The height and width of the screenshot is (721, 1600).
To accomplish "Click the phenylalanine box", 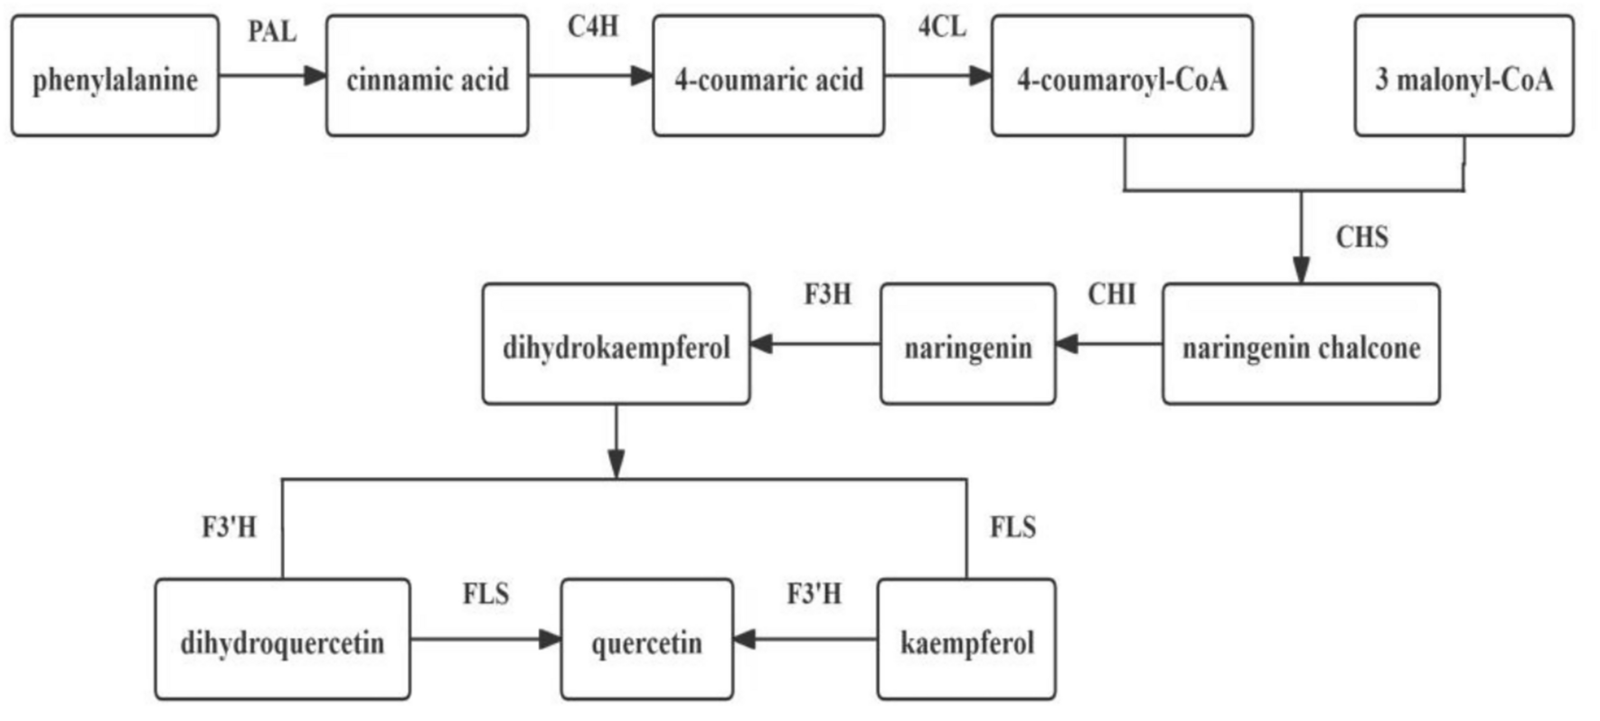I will point(115,77).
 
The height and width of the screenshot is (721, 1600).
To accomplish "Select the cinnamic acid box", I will point(427,77).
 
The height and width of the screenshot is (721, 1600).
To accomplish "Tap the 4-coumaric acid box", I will point(768,77).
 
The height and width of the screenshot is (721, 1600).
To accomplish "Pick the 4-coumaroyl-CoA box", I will point(1122,77).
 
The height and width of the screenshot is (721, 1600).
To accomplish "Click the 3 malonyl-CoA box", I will point(1464,77).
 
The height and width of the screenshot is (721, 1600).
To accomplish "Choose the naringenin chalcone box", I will point(1301,345).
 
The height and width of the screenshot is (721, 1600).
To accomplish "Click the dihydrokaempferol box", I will point(616,345).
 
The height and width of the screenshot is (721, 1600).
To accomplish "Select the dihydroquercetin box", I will point(282,641).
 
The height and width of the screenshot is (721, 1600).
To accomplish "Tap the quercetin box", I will point(646,641).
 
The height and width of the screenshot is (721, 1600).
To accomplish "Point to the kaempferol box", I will point(966,641).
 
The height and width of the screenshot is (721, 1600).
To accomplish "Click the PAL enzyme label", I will point(272,32).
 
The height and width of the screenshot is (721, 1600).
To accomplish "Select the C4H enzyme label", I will point(593,27).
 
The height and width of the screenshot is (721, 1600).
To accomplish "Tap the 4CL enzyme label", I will point(942,27).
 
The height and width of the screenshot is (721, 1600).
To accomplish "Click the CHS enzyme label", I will point(1361,238).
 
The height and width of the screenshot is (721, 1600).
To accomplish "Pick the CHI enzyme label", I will point(1111,295).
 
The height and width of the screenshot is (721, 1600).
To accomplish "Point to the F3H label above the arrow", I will point(827,295).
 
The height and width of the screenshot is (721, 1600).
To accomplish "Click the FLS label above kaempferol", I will point(1012,527).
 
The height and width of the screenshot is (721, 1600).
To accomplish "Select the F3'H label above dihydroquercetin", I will point(229,527).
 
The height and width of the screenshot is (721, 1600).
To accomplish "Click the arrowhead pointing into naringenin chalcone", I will point(1301,270).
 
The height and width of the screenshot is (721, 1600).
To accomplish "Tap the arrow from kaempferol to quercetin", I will point(805,640).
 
